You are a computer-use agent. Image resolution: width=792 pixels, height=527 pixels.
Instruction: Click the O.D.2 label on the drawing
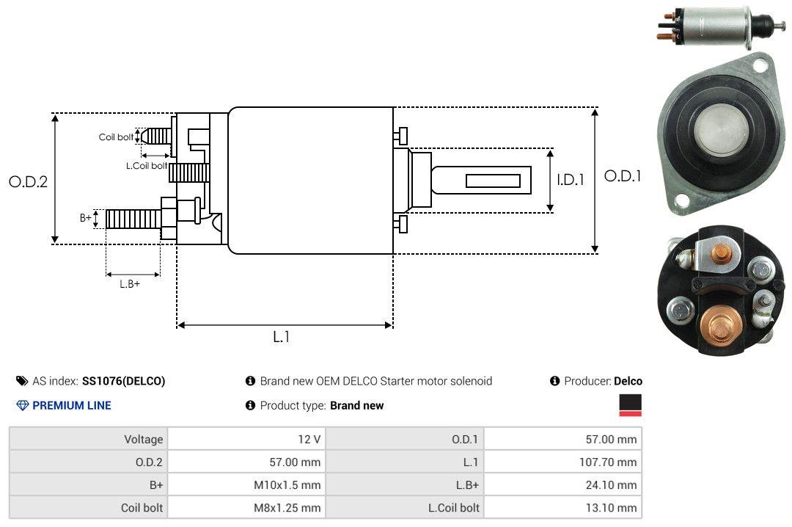[29, 181]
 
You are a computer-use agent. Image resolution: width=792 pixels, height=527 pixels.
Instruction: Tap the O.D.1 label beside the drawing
[623, 176]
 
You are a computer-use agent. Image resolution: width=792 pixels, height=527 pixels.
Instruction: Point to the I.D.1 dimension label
[571, 180]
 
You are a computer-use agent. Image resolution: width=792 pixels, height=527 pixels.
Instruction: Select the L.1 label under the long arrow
[282, 337]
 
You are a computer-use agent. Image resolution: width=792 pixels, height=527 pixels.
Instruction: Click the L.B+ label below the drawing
[130, 284]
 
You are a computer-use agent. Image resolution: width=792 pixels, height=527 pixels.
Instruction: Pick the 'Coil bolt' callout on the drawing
[116, 137]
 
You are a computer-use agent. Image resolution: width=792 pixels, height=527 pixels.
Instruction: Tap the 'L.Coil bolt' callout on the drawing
[147, 165]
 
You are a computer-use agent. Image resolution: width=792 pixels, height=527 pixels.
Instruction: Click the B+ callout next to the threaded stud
[86, 217]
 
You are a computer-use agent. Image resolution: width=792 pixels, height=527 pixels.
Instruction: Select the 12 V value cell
[309, 439]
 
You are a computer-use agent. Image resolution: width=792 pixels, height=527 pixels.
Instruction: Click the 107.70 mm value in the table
[608, 462]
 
